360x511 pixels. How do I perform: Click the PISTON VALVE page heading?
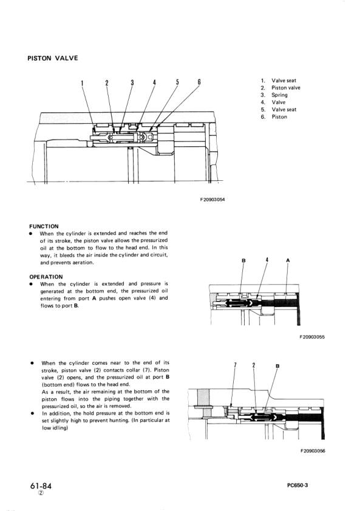[53, 58]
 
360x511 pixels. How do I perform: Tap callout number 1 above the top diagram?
[82, 83]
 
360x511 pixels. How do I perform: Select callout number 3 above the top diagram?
[132, 83]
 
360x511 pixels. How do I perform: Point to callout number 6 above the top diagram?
[199, 82]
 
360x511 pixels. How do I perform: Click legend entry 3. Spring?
[274, 95]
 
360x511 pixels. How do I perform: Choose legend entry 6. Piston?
[274, 117]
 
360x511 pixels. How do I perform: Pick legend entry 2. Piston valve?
[280, 87]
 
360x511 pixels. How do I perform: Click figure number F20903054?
[212, 200]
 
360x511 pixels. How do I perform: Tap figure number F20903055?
[312, 337]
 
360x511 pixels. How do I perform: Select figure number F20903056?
[313, 451]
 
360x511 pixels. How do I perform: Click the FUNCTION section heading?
[44, 226]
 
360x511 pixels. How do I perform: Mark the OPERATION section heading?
[46, 277]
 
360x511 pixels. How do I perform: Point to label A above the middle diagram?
[288, 260]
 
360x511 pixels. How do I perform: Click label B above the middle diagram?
[243, 260]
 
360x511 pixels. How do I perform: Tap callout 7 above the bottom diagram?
[236, 365]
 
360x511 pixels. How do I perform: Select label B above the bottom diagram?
[277, 366]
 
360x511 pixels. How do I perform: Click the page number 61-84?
[41, 486]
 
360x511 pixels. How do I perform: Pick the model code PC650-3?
[297, 485]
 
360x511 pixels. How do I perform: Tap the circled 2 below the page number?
[41, 493]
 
